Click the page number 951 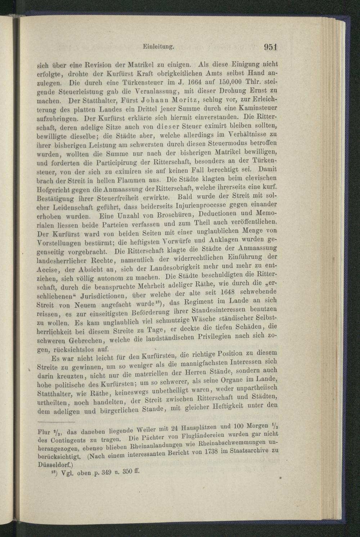click(271, 47)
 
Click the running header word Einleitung click(158, 46)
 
